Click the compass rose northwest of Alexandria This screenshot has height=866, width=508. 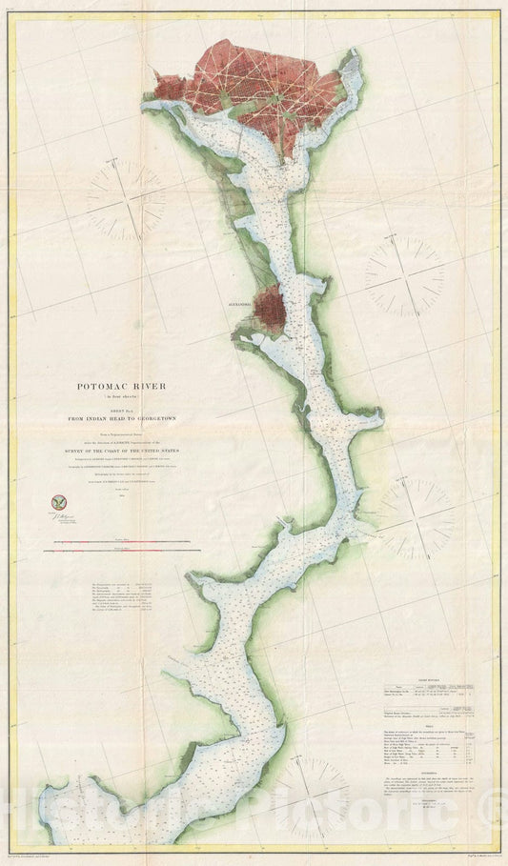tap(127, 198)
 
